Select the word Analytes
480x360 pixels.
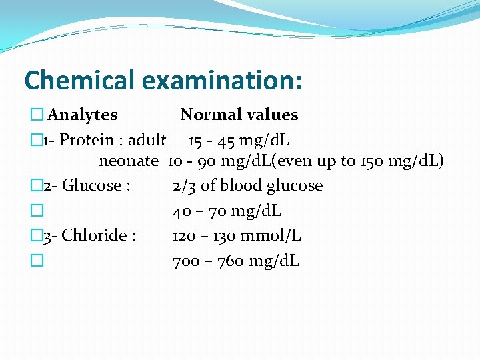click(x=83, y=115)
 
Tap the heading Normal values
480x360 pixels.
click(x=239, y=115)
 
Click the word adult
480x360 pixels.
click(x=147, y=141)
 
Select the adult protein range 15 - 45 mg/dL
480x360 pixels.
click(x=238, y=141)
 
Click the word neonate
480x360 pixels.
click(x=129, y=161)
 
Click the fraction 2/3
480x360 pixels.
click(x=184, y=186)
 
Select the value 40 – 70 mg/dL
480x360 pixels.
click(x=227, y=211)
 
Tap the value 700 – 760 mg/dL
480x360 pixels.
click(x=236, y=261)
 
